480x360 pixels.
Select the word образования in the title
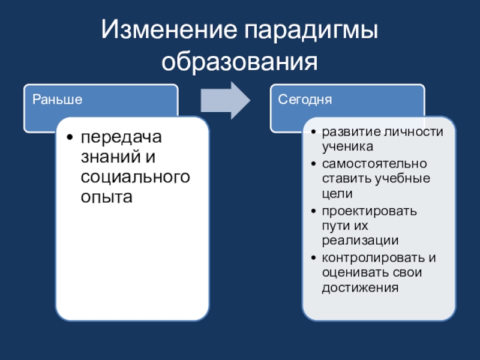(240, 61)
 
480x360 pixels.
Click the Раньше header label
(57, 98)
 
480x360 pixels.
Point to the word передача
(122, 137)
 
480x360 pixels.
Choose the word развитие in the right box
(346, 132)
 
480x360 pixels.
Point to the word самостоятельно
(374, 163)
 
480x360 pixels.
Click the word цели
(337, 193)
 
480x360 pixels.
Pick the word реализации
(360, 240)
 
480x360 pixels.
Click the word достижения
(360, 287)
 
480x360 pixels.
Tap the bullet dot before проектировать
(315, 212)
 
